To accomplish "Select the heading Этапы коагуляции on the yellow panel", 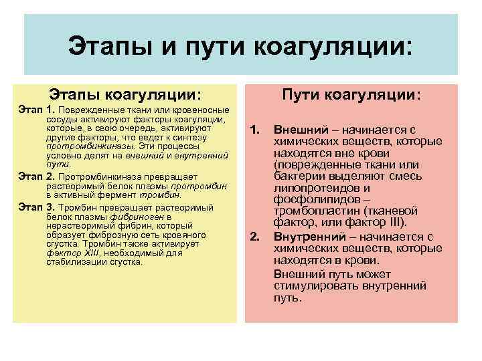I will coord(125,95).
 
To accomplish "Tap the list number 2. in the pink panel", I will coord(254,237).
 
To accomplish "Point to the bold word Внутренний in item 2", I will coord(307,237).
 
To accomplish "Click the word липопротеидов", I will coord(312,189).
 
